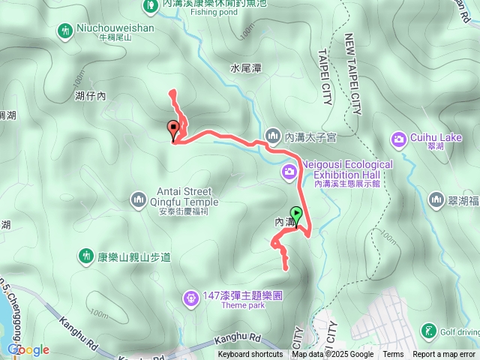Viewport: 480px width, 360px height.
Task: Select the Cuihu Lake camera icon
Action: pos(398,139)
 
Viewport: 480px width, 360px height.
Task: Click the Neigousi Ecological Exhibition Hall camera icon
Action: pos(289,173)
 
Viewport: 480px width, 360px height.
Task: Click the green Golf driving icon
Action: pos(428,331)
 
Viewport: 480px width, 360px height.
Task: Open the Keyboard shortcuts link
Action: pos(250,355)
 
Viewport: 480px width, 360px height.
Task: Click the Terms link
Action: pos(393,355)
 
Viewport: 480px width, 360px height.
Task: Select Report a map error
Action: pos(444,355)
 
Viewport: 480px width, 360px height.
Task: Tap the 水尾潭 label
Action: pos(246,67)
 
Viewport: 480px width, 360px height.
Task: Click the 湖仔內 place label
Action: pos(91,96)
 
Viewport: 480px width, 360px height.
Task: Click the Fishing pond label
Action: pos(208,12)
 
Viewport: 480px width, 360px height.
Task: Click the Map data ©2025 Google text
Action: pos(333,355)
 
